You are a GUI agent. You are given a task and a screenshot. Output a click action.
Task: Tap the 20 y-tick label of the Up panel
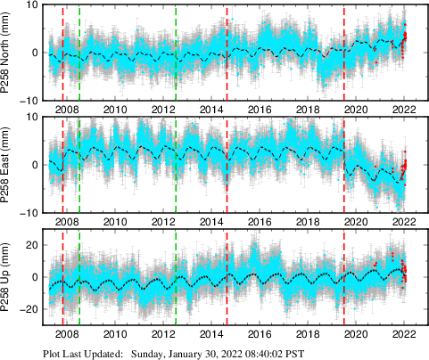[x=33, y=244]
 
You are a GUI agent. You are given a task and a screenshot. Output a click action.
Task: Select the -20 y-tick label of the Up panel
[x=30, y=308]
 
